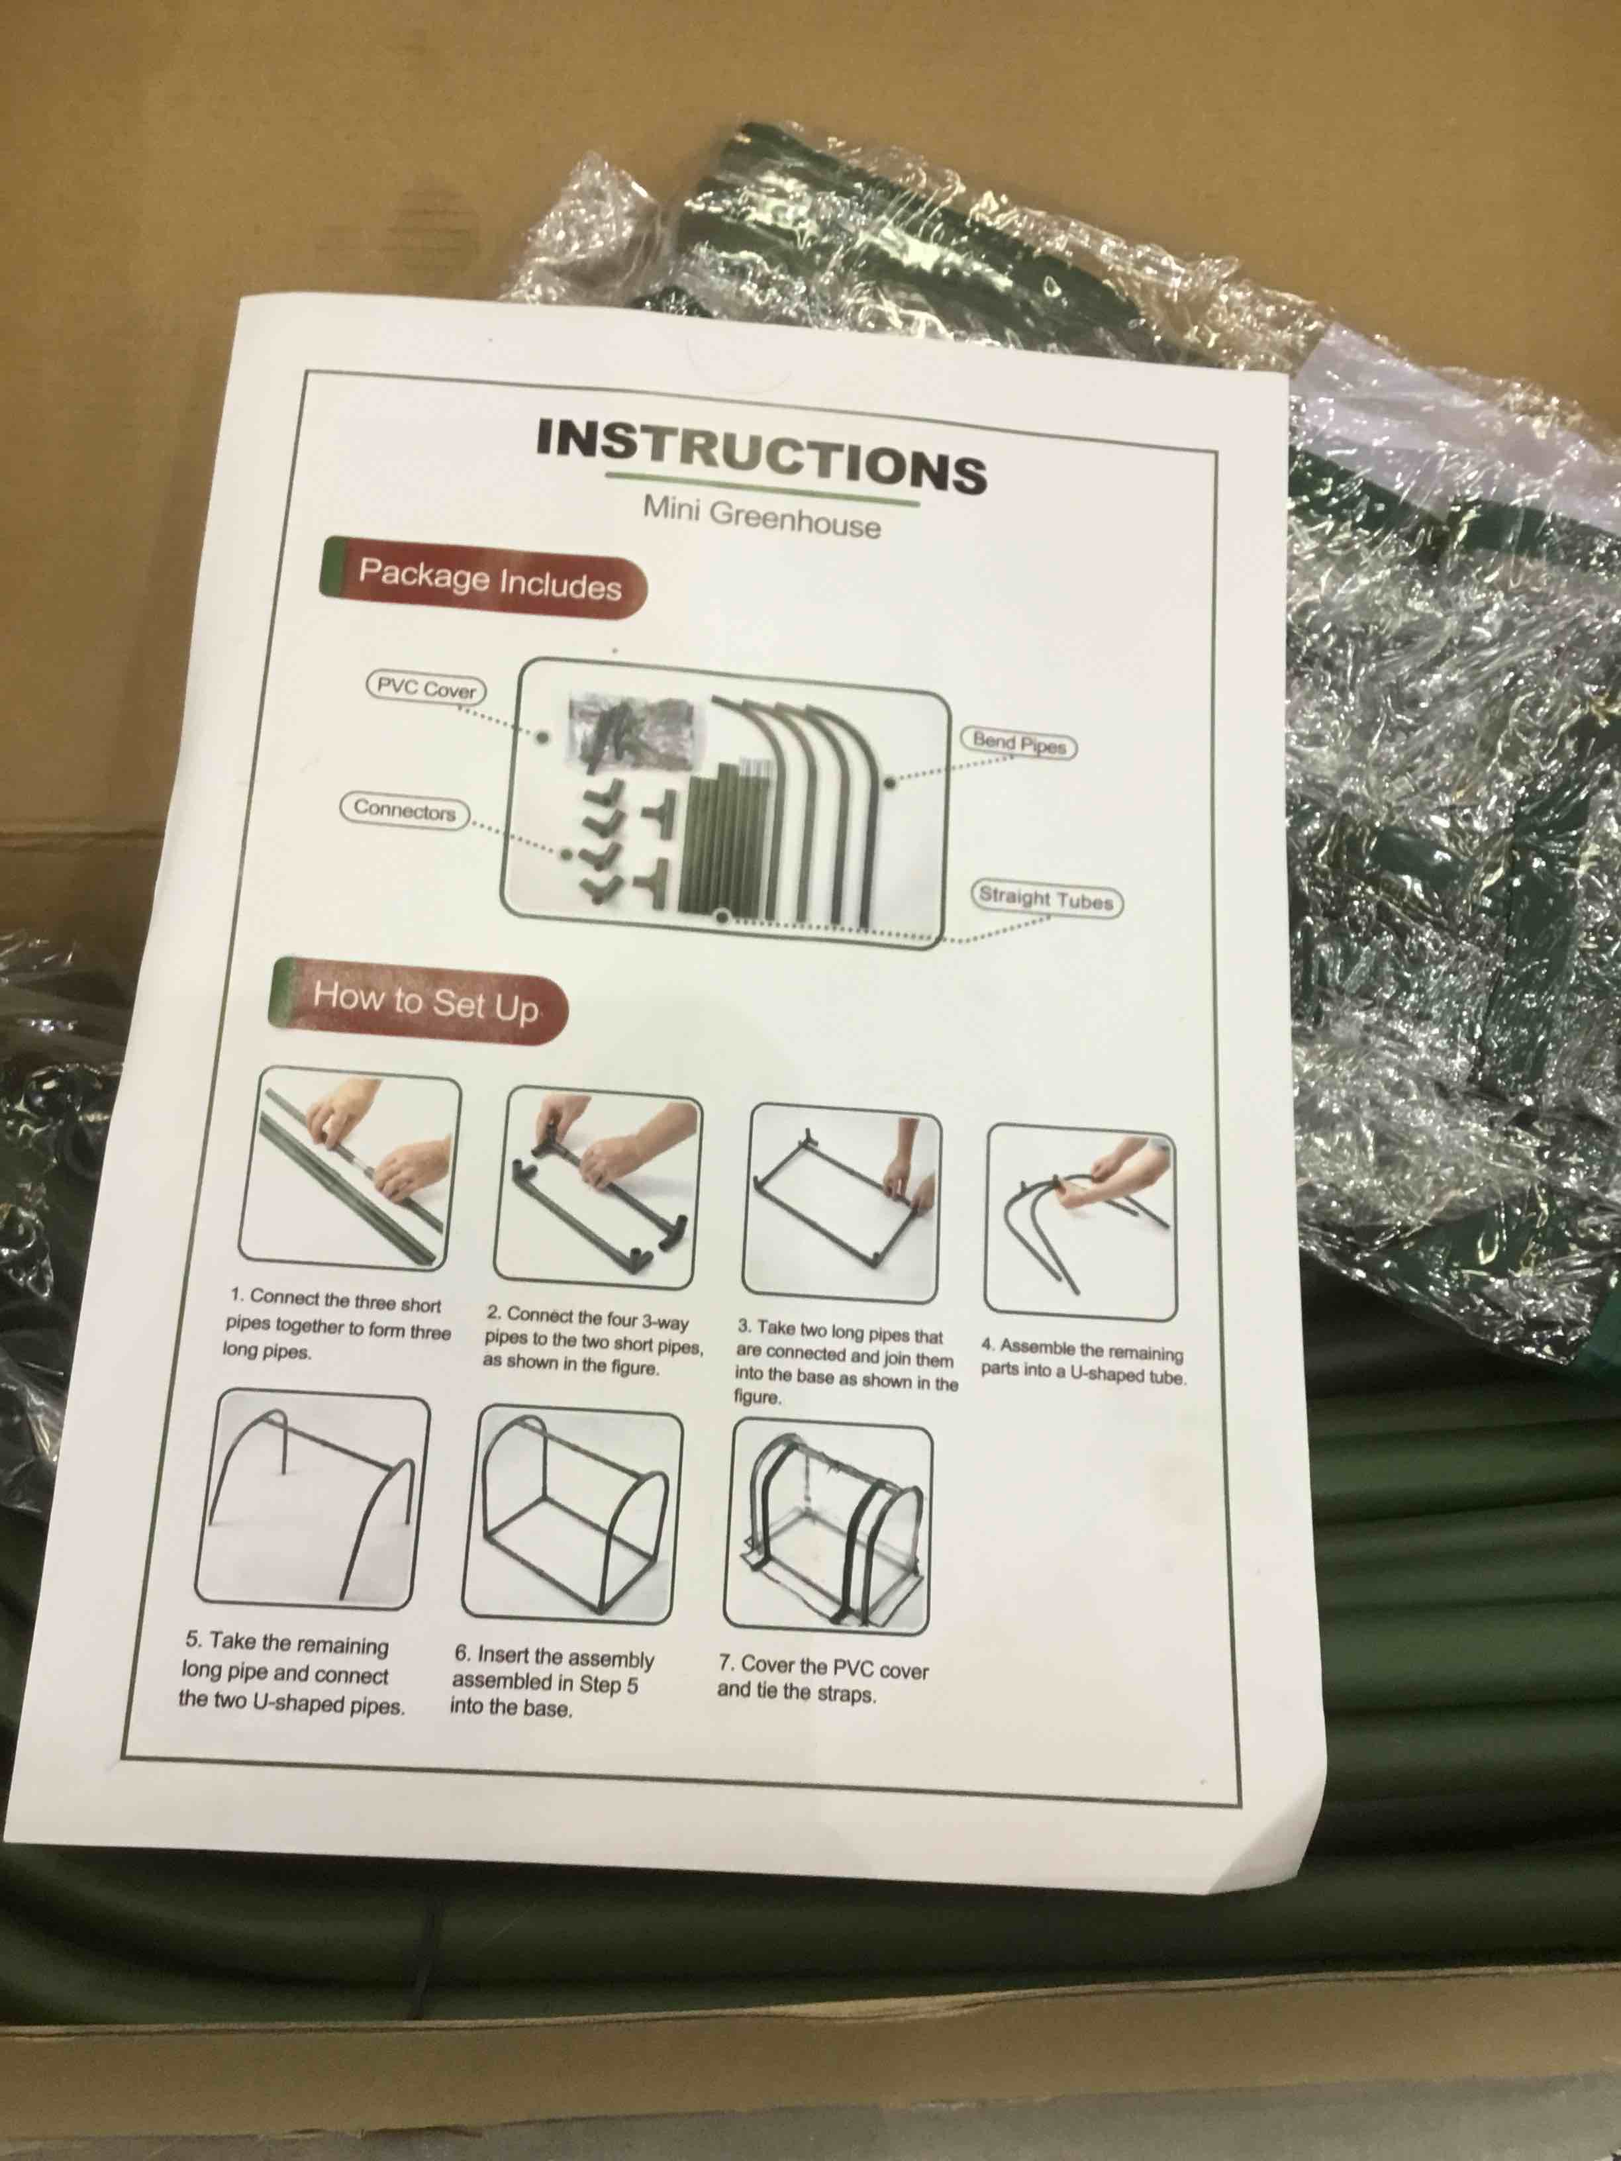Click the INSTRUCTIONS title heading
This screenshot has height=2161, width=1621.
click(760, 456)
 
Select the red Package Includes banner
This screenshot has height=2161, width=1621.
click(485, 579)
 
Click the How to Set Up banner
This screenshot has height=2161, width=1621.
click(421, 1001)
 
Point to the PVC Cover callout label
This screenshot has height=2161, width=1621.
click(426, 689)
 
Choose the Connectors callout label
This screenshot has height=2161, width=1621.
click(405, 810)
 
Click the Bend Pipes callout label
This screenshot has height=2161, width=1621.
click(1018, 744)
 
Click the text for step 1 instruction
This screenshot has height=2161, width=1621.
click(337, 1325)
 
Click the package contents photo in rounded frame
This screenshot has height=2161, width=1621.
click(725, 803)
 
